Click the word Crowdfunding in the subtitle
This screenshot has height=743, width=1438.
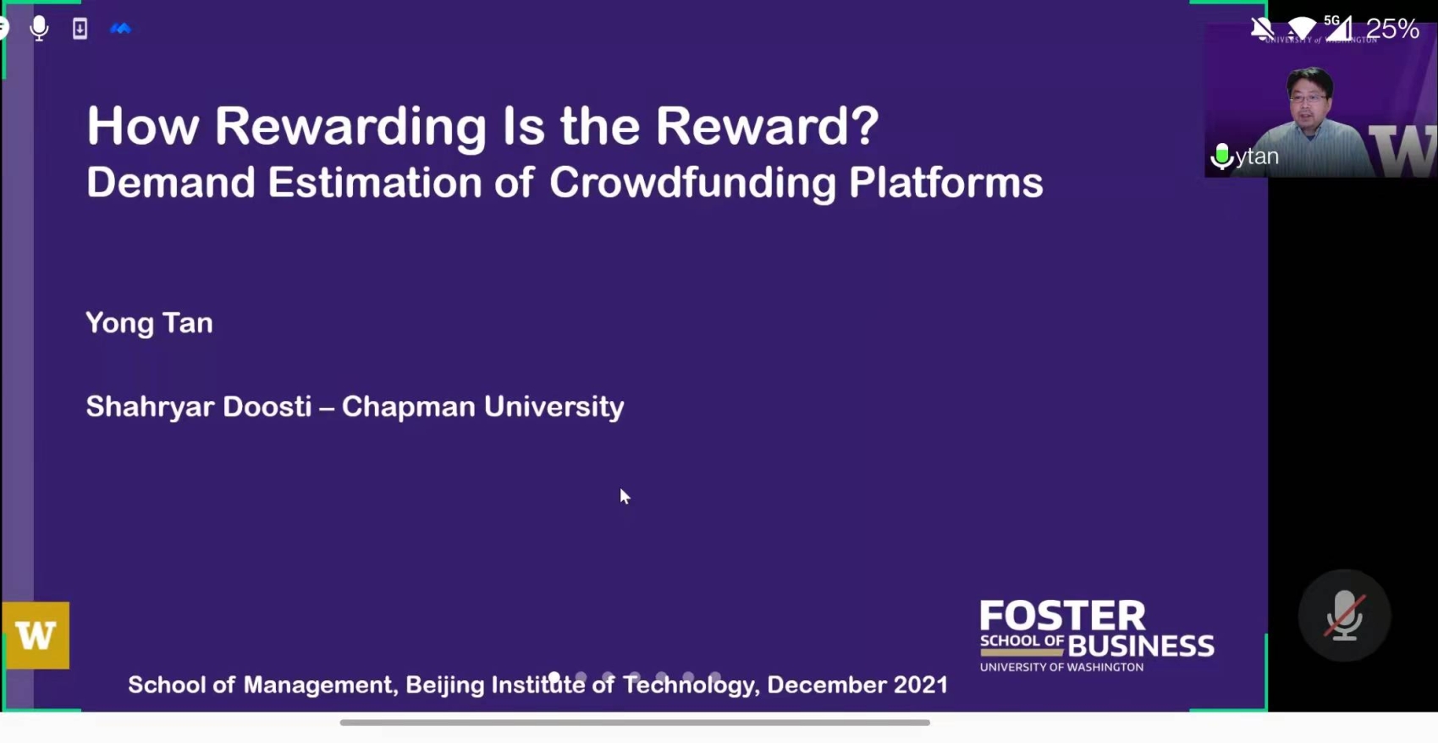(692, 184)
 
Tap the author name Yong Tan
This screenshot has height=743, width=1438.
(149, 322)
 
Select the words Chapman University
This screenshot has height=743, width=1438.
(482, 407)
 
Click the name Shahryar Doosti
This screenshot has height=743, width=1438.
(199, 407)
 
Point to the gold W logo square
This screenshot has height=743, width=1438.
(36, 636)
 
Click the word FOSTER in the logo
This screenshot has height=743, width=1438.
(1062, 616)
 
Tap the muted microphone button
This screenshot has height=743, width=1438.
(1344, 615)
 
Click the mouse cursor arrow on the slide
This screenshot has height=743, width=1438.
(625, 496)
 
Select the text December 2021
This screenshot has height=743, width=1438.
(857, 685)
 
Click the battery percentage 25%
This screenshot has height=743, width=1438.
(1391, 29)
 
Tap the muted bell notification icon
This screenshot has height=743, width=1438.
(1262, 29)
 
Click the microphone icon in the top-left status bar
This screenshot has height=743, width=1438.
(39, 29)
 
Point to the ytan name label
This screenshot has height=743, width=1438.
(1257, 157)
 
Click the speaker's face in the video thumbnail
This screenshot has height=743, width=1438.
(1309, 97)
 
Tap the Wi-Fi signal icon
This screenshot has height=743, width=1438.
(1301, 28)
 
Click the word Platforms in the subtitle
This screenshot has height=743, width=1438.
(945, 184)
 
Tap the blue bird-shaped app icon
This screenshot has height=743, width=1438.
(120, 28)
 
